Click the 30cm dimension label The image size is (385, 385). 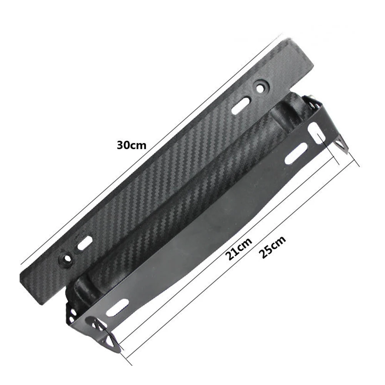point(132,145)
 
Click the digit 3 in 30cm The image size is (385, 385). point(120,145)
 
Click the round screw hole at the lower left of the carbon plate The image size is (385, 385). point(67,258)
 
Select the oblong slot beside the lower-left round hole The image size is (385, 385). point(85,243)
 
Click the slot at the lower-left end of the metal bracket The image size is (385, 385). point(117,308)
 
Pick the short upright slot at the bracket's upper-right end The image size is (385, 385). point(317,133)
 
